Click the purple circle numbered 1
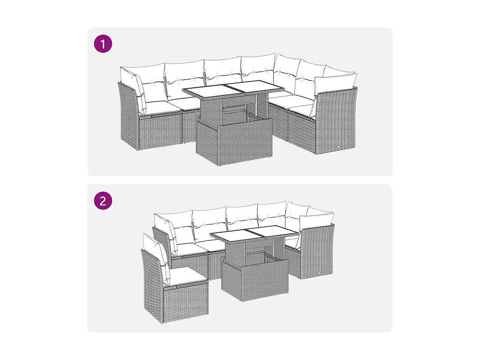(103, 44)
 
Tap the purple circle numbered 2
(103, 201)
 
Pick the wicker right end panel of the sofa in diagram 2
(317, 251)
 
